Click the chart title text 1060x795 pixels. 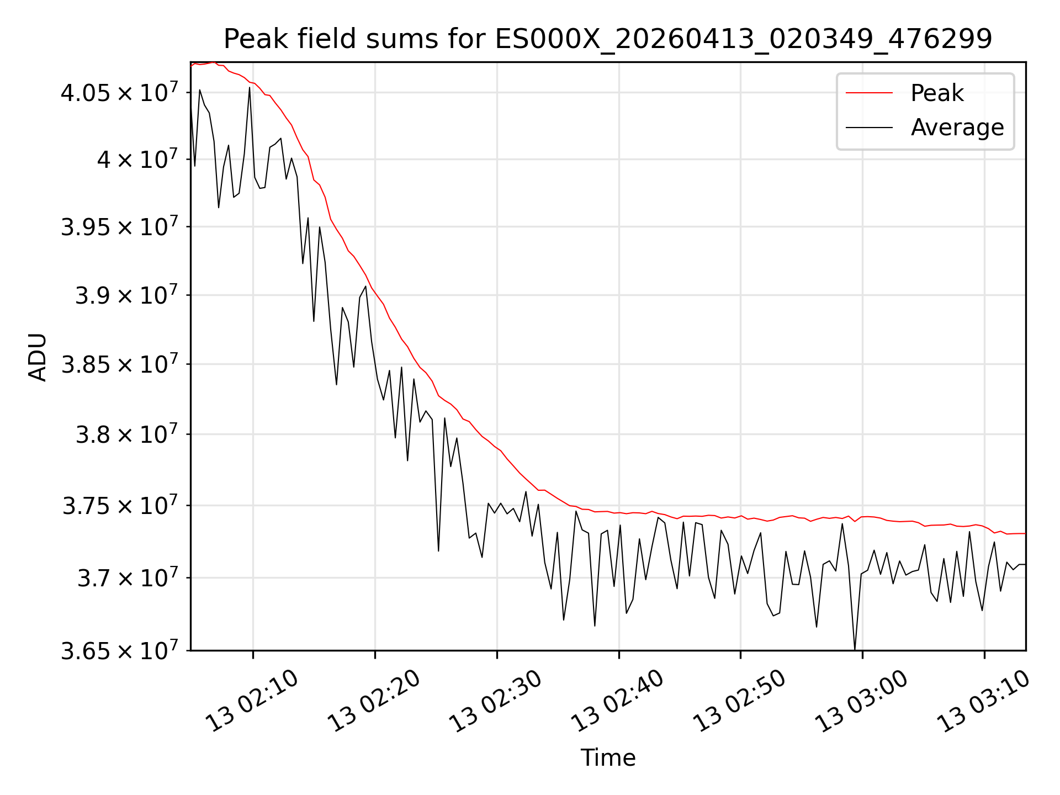click(608, 39)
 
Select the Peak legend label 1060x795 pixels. click(937, 93)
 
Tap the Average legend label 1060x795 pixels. click(957, 128)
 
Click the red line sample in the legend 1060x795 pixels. click(869, 93)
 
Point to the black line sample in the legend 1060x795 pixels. click(869, 128)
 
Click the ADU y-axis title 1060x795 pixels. click(38, 357)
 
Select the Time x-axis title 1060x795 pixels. click(608, 757)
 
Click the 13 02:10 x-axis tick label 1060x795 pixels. click(252, 702)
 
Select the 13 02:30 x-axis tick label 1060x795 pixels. click(496, 702)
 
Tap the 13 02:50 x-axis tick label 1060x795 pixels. click(740, 702)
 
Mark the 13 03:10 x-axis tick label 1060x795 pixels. click(984, 702)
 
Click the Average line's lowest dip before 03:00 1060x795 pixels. click(855, 650)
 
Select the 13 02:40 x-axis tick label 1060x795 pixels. click(618, 702)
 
